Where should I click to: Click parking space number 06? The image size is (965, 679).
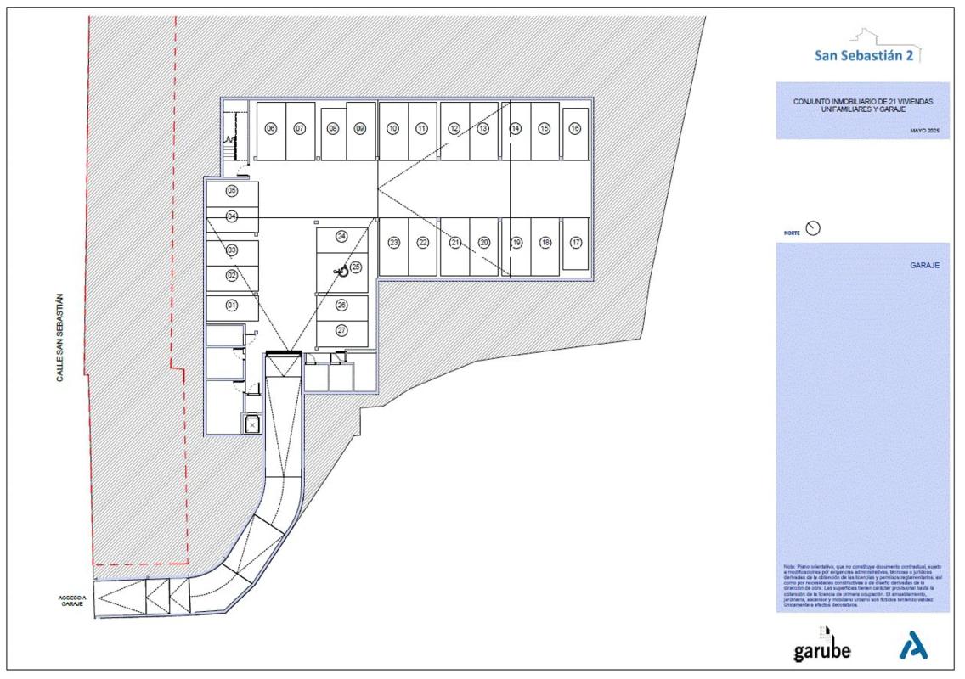pyautogui.click(x=271, y=129)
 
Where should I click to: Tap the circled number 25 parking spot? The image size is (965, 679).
pyautogui.click(x=356, y=267)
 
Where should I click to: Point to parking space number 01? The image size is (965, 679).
pyautogui.click(x=231, y=305)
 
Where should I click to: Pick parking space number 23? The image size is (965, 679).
pyautogui.click(x=393, y=243)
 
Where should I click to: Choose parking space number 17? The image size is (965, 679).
pyautogui.click(x=575, y=243)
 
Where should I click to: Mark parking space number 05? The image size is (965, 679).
pyautogui.click(x=231, y=191)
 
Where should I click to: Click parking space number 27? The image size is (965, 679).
pyautogui.click(x=341, y=330)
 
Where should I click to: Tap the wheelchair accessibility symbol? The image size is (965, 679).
pyautogui.click(x=340, y=272)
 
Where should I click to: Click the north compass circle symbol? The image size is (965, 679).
pyautogui.click(x=813, y=228)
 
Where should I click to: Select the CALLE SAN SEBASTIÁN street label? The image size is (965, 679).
pyautogui.click(x=60, y=337)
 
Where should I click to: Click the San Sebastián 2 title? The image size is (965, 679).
pyautogui.click(x=862, y=56)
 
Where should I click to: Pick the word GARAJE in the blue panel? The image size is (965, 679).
pyautogui.click(x=923, y=265)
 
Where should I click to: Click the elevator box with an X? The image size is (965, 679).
pyautogui.click(x=251, y=424)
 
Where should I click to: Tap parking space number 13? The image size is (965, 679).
pyautogui.click(x=483, y=129)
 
